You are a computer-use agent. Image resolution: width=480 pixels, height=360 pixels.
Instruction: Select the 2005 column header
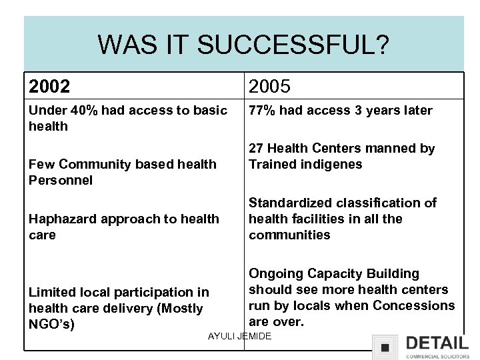click(x=269, y=86)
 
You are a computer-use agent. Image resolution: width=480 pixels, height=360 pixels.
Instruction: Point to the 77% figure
click(x=262, y=111)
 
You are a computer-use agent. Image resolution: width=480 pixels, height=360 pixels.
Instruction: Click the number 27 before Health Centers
click(x=256, y=149)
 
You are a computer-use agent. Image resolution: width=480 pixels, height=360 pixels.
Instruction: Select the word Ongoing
click(x=275, y=274)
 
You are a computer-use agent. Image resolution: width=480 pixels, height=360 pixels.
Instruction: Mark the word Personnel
click(x=61, y=180)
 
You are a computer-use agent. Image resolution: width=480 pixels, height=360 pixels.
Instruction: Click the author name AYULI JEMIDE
click(x=240, y=336)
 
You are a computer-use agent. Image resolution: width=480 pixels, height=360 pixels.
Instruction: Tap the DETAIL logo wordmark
click(x=437, y=343)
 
